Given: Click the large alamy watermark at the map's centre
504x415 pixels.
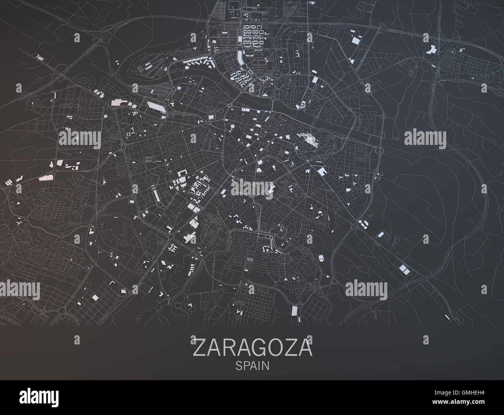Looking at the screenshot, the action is (252, 187).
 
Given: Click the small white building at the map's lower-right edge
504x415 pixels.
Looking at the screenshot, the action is (447, 317).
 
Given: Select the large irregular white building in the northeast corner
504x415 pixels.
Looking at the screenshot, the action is (430, 50).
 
